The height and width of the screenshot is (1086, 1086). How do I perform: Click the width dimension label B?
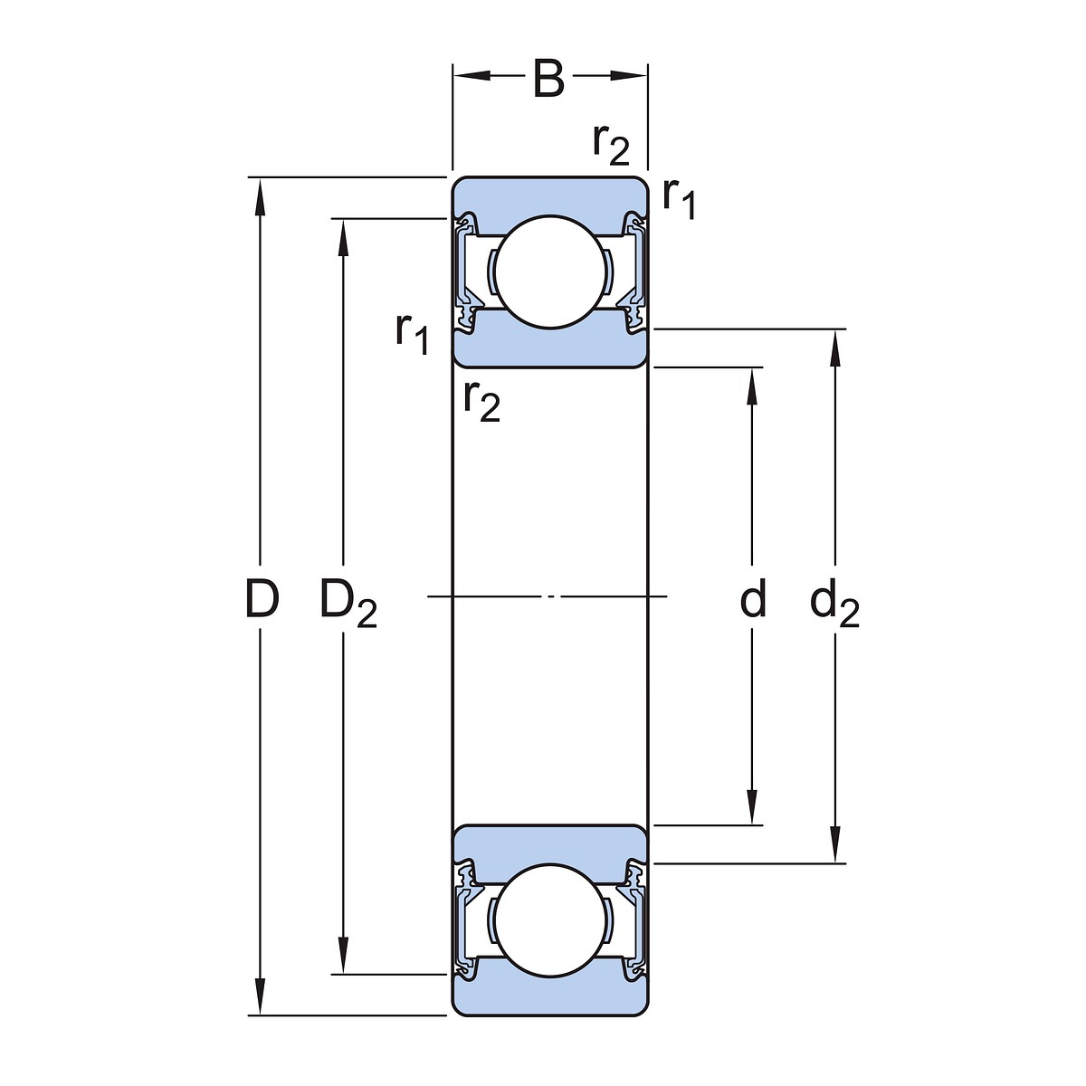[548, 80]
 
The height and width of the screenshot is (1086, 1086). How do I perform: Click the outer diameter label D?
[261, 599]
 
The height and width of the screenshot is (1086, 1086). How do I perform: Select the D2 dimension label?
[348, 603]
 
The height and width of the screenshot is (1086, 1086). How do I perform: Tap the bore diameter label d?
[753, 599]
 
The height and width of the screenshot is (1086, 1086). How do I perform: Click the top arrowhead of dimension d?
[752, 382]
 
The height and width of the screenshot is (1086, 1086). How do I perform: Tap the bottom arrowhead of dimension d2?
[834, 849]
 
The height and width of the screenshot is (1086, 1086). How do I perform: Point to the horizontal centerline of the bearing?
[548, 596]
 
